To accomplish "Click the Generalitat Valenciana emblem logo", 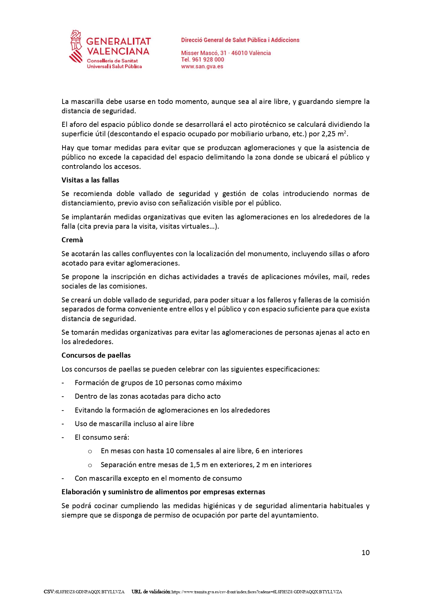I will tap(76, 46).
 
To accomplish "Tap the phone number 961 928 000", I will tap(208, 59).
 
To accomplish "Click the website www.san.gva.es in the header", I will tap(202, 66).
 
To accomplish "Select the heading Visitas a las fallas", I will tap(90, 180).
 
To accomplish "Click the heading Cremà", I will tap(72, 240).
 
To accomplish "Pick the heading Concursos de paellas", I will tap(96, 355).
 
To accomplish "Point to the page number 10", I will tap(365, 553).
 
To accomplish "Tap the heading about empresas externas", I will tap(163, 492).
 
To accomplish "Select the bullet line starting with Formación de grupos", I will tap(158, 383).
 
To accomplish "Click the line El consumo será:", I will tap(102, 437).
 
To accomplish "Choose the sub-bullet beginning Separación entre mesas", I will tap(206, 465).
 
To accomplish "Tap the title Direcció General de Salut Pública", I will tap(240, 40).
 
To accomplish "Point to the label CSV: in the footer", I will tap(49, 592).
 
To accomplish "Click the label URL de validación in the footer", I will tap(151, 592).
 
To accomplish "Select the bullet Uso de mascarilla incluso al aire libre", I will tap(134, 424).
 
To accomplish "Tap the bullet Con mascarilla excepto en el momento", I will tap(158, 478).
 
